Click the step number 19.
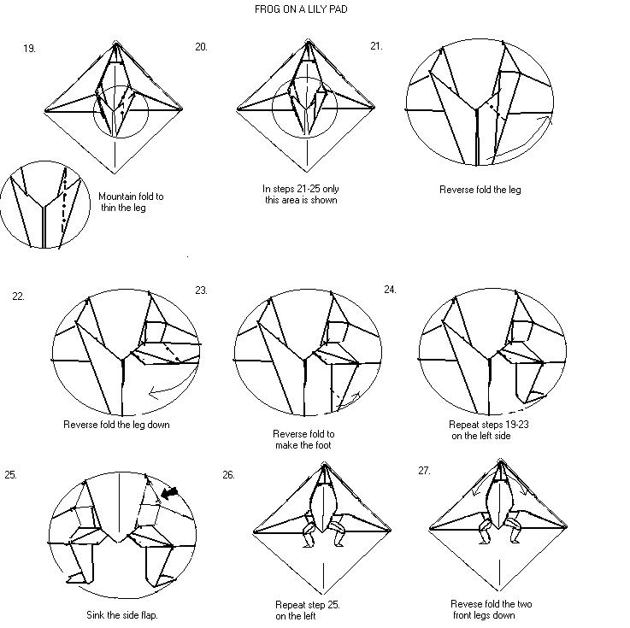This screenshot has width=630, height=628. click(30, 49)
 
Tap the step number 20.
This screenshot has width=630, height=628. click(201, 47)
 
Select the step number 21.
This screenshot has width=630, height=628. click(376, 46)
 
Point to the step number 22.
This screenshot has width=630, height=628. click(18, 296)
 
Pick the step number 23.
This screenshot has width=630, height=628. click(201, 290)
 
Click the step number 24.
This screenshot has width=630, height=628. click(390, 290)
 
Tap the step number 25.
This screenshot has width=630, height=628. click(10, 474)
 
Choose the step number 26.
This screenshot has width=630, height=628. click(228, 474)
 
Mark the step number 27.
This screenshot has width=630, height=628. click(424, 471)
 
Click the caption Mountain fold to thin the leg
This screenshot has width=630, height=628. click(131, 202)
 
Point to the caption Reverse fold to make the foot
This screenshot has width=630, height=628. click(303, 439)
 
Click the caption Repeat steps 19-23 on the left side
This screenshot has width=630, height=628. click(488, 429)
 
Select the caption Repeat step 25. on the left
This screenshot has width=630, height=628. click(307, 610)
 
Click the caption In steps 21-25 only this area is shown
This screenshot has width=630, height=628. click(300, 195)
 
